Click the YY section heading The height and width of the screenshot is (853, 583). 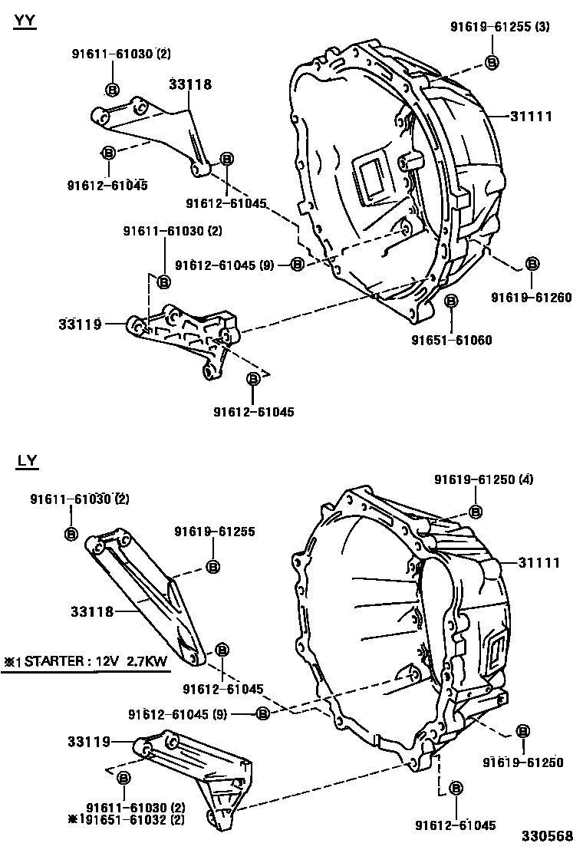(25, 21)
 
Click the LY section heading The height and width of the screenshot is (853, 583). (27, 460)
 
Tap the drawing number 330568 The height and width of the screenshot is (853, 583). (548, 837)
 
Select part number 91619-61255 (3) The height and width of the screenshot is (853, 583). (499, 27)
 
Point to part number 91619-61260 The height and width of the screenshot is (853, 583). (532, 298)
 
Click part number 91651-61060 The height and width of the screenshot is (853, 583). (452, 340)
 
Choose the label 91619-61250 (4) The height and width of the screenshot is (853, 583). (483, 479)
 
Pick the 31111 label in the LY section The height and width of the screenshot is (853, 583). (539, 562)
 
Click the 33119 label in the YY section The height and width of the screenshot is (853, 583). (79, 324)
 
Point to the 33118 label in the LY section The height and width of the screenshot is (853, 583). (92, 611)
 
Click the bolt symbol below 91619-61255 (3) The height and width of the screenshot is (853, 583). (492, 62)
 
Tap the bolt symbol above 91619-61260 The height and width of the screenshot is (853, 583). (532, 264)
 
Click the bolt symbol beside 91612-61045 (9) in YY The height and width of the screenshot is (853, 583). (297, 265)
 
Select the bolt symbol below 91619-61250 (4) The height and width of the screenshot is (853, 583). (475, 512)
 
